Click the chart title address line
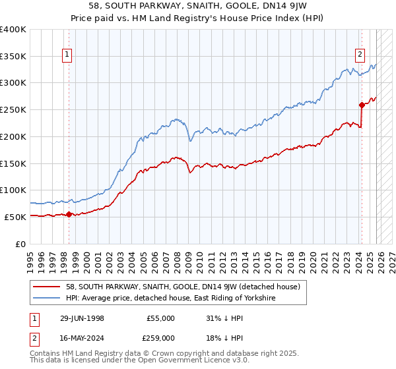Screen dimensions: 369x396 point(197,7)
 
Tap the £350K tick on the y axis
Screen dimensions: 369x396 point(13,57)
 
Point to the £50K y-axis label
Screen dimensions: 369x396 point(15,217)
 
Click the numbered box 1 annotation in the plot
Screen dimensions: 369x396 point(68,55)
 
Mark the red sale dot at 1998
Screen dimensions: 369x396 point(69,213)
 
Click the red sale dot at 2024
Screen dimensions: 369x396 point(362,105)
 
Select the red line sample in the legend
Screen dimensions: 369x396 point(48,287)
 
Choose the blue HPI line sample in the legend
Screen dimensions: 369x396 point(48,298)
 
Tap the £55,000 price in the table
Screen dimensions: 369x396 point(160,318)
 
